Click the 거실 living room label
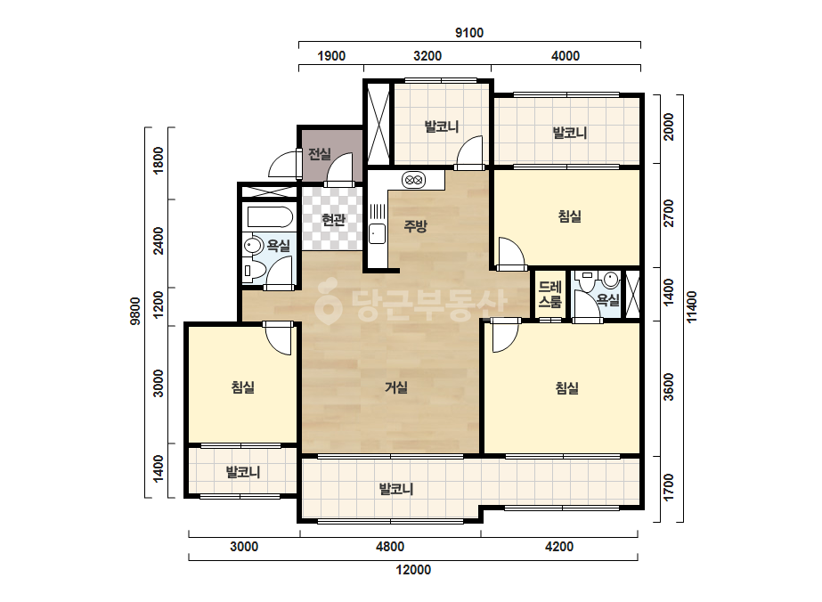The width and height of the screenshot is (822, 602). click(x=396, y=387)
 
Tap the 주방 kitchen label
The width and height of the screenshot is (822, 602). click(x=415, y=226)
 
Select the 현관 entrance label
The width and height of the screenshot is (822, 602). click(x=333, y=219)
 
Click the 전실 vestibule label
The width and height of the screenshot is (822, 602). click(x=319, y=154)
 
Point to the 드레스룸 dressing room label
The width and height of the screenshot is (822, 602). click(x=549, y=294)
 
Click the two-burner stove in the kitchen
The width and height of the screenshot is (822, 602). click(x=414, y=180)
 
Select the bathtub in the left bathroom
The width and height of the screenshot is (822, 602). click(x=270, y=217)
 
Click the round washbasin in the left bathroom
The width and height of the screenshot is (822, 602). click(x=254, y=246)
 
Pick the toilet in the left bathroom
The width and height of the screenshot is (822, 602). click(x=254, y=270)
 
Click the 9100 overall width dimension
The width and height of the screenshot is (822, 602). click(x=469, y=33)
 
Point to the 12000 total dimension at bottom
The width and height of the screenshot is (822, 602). click(x=413, y=569)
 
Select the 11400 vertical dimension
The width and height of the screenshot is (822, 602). click(x=692, y=307)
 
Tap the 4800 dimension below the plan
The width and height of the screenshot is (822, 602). click(x=390, y=547)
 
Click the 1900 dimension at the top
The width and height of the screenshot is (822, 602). click(x=331, y=56)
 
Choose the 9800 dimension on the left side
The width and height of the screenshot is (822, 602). click(x=135, y=312)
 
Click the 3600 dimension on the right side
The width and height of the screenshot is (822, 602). click(x=669, y=387)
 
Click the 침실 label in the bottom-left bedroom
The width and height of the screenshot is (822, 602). click(x=243, y=387)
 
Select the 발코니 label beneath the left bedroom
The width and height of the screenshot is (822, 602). click(x=243, y=472)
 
